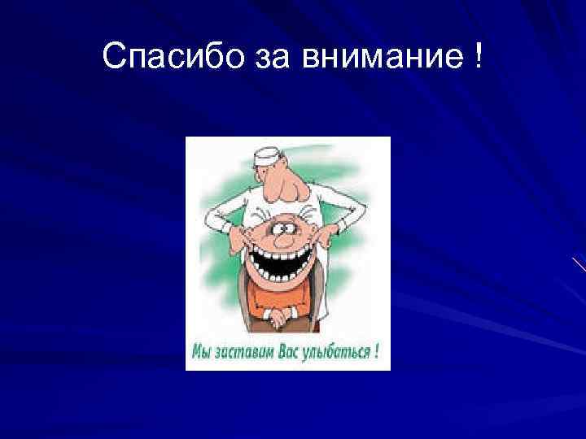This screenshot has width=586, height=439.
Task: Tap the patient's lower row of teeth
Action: [288, 276]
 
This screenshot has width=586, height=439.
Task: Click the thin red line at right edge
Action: [578, 264]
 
